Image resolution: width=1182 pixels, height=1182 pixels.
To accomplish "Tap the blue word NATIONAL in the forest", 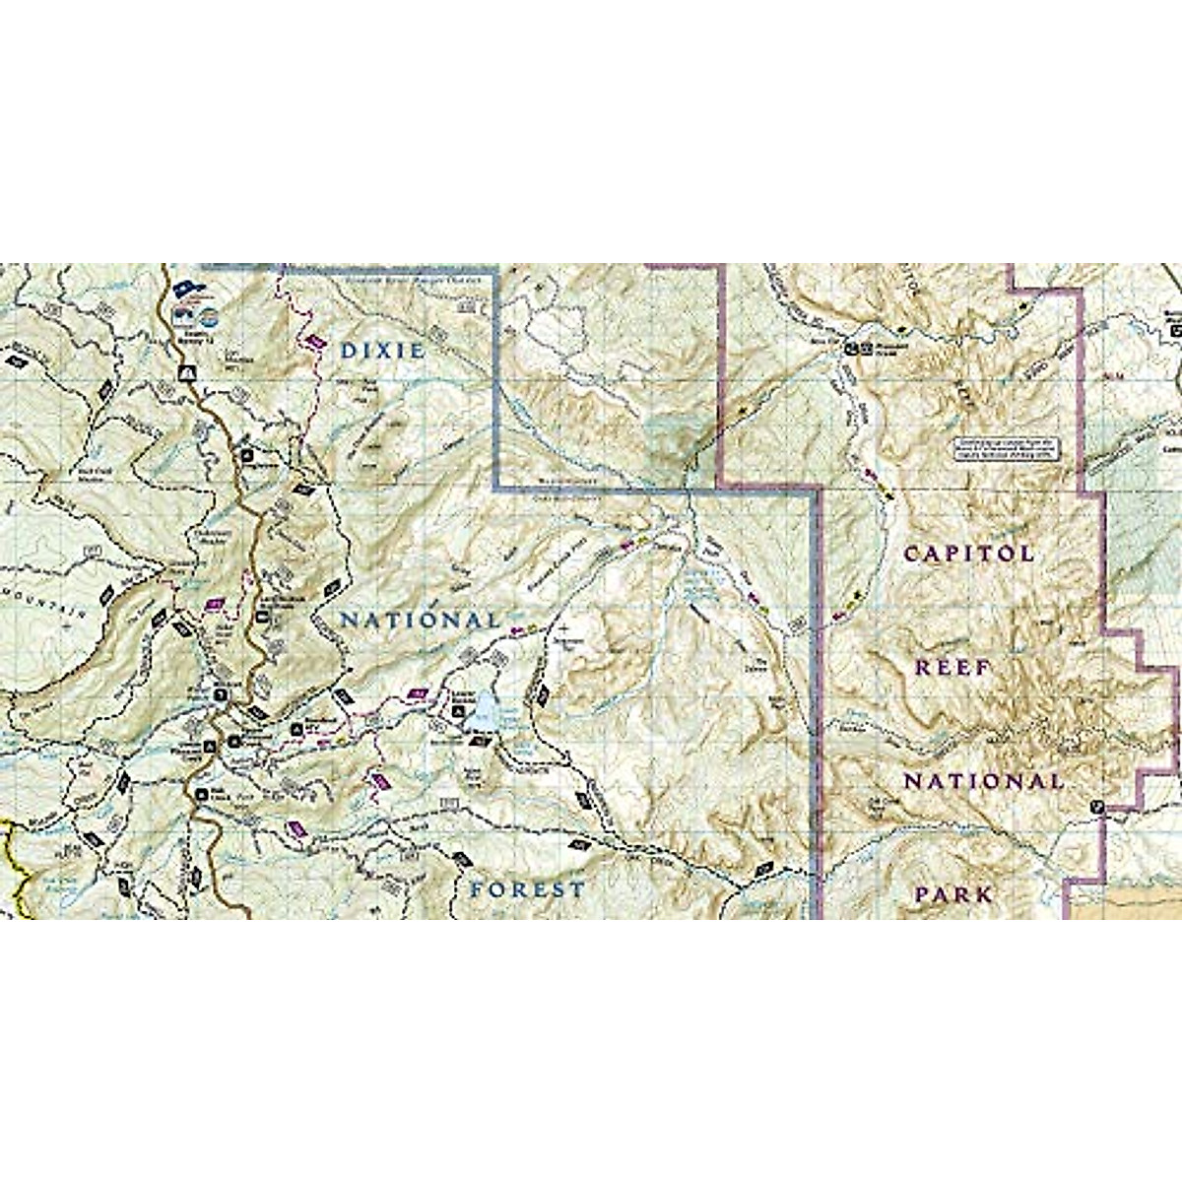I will [420, 621].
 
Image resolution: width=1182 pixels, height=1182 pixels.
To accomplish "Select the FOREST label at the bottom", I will [527, 889].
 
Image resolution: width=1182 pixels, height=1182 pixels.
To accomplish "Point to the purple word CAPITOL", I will [969, 553].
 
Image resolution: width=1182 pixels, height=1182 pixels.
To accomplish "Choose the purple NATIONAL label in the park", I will [983, 782].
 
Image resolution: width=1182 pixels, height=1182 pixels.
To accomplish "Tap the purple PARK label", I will [952, 895].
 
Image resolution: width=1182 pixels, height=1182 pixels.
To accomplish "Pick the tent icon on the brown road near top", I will [184, 372].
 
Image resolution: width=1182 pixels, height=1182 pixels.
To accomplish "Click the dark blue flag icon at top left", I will [186, 289].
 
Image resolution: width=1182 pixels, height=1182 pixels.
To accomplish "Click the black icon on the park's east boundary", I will [1098, 809].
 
